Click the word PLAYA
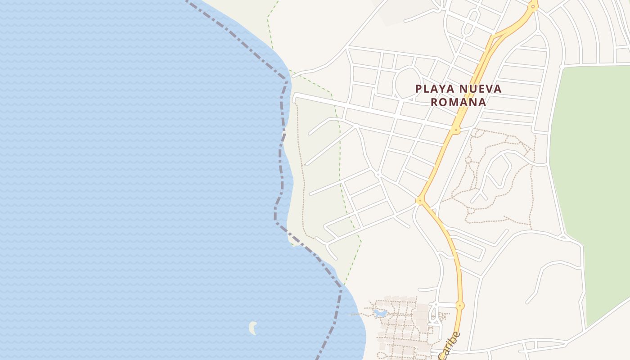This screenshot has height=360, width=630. pos(432,89)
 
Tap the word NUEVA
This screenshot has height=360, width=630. pos(479,89)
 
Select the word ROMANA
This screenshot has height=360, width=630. pos(458,102)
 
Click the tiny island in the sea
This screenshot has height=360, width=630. pos(253,328)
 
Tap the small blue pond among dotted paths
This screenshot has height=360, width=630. pos(380,313)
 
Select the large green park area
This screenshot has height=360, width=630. pos(589,180)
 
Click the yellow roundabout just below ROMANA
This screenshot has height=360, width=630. pos(456,130)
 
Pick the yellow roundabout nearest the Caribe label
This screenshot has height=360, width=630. pos(459,306)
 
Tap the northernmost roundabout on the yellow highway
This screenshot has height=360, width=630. pos(533,7)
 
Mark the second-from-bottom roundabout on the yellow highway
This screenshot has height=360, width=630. pos(420,200)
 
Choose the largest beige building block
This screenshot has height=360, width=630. pos(422,312)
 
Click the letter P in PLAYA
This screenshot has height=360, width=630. pos(418,89)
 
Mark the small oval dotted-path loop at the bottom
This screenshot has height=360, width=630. pos(382,355)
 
